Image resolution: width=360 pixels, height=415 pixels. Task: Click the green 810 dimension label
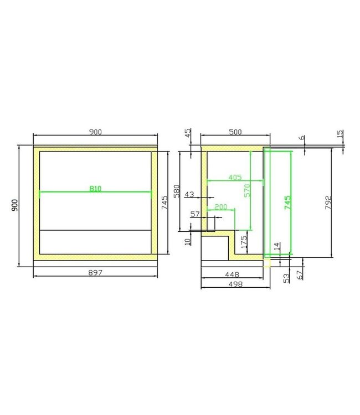95,189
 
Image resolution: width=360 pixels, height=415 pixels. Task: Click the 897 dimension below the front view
95,272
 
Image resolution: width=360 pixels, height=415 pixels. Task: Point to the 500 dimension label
235,132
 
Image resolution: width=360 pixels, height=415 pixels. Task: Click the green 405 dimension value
234,178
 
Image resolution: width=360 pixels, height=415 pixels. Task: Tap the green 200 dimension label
221,206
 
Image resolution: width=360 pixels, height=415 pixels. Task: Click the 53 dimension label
286,277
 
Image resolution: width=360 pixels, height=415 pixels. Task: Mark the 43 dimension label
189,194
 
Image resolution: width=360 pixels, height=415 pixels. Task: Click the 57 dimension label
194,214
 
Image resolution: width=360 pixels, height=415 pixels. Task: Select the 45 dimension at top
188,133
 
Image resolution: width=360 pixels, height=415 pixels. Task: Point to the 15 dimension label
340,134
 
